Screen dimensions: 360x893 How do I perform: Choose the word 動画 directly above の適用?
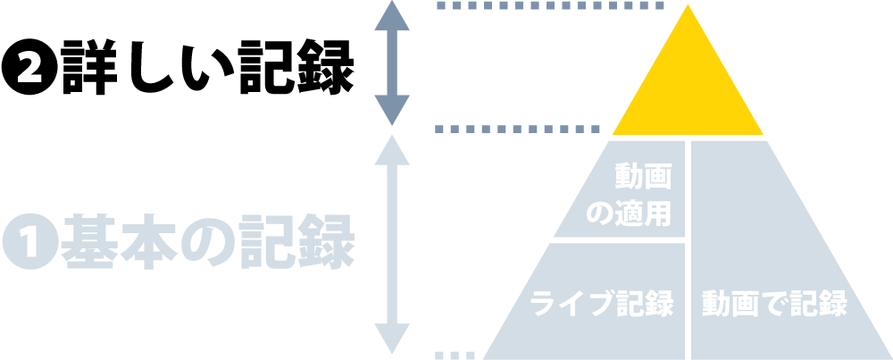(643, 177)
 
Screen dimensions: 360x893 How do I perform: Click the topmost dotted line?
(549, 6)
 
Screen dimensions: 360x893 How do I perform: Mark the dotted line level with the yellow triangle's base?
(518, 129)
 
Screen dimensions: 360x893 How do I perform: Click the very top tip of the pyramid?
(687, 8)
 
